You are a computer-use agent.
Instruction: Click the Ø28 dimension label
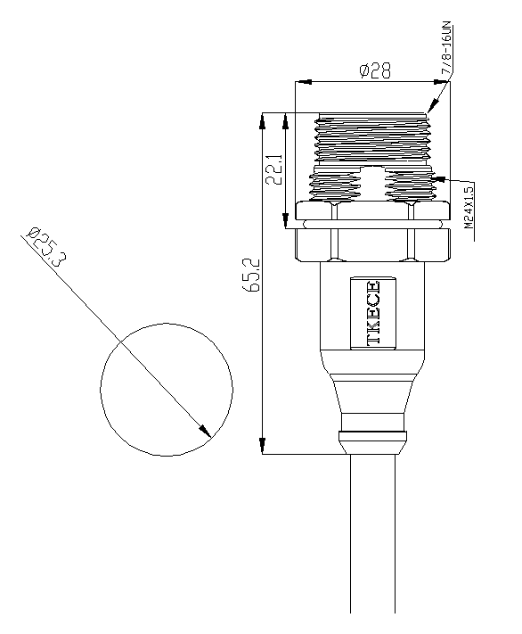coord(375,70)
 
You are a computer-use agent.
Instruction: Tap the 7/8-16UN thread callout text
coord(446,50)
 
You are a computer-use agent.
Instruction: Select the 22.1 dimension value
coord(274,169)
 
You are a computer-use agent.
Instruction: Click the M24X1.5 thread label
coord(469,207)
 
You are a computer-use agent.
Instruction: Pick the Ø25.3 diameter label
coord(44,248)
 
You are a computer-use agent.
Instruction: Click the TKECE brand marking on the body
coord(373,313)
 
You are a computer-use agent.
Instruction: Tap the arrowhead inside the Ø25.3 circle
coord(205,432)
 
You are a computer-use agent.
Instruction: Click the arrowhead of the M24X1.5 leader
coord(439,178)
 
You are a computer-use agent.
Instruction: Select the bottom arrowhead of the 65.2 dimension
coord(263,447)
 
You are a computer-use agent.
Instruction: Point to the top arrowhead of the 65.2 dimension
coord(263,120)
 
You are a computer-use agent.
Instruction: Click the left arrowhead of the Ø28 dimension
coord(304,82)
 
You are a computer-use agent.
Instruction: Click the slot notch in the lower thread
coord(372,184)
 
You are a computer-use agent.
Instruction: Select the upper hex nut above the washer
coord(372,210)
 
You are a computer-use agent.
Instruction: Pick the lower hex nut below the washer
coord(372,245)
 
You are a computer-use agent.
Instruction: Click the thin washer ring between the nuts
coord(372,224)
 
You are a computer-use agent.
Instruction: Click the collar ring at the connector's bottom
coord(372,438)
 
